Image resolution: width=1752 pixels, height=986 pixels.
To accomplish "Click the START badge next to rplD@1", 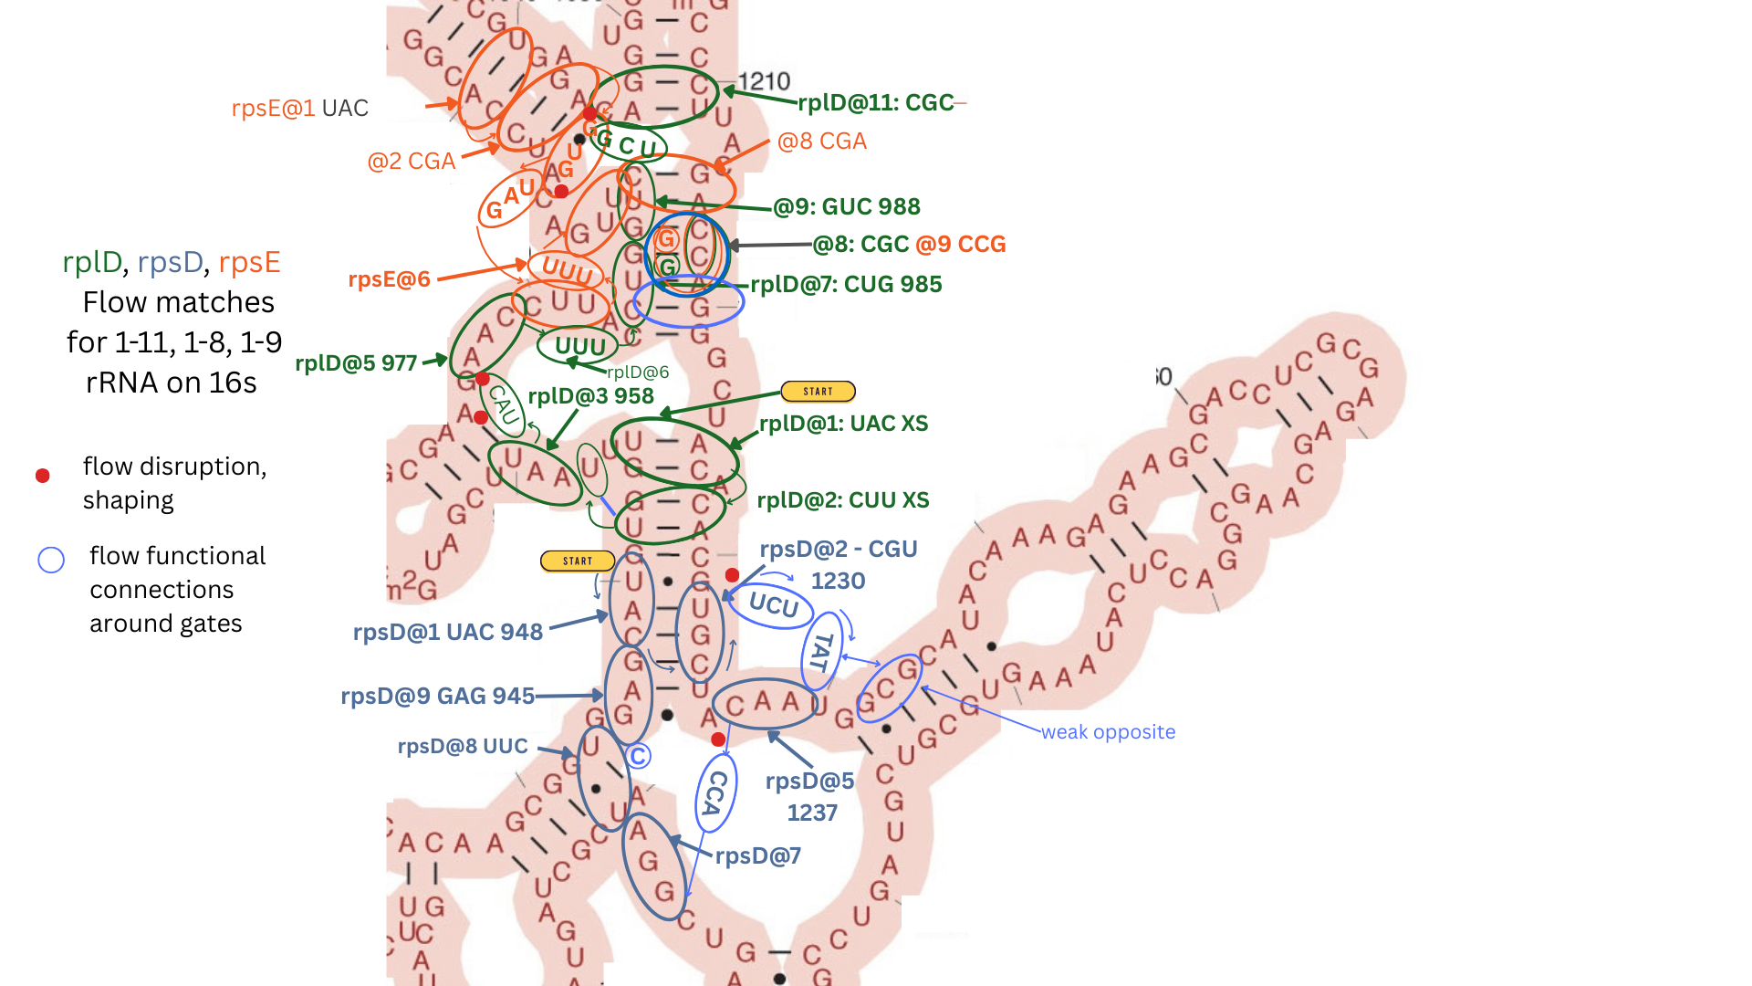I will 818,392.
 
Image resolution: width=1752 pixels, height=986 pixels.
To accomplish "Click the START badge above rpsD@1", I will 577,561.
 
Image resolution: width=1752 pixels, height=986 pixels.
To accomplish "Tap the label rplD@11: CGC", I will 875,102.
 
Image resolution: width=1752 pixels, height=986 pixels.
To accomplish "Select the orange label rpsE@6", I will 389,279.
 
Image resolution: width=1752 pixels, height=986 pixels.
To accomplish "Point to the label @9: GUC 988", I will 847,207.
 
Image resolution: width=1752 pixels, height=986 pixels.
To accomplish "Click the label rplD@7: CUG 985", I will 846,285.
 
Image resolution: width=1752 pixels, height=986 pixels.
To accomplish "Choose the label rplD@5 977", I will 356,363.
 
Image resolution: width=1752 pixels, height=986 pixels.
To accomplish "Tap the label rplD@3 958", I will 590,396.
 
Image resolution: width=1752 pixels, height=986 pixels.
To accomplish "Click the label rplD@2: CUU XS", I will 842,500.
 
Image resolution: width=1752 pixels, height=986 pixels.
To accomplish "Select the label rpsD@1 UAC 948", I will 447,632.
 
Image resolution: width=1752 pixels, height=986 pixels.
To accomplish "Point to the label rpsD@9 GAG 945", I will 437,696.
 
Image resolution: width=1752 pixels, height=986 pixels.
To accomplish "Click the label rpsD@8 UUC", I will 463,746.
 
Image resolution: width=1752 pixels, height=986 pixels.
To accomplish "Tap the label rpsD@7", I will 757,856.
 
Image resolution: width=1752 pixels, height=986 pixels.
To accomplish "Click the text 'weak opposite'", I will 1108,732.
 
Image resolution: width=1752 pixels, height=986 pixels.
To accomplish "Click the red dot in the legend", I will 42,476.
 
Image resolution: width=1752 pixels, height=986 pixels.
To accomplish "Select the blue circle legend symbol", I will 51,560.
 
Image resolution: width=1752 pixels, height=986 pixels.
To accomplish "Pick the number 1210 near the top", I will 764,82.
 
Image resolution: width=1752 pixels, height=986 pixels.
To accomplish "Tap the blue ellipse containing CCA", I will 715,793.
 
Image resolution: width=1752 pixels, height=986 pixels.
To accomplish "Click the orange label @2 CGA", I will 411,162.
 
